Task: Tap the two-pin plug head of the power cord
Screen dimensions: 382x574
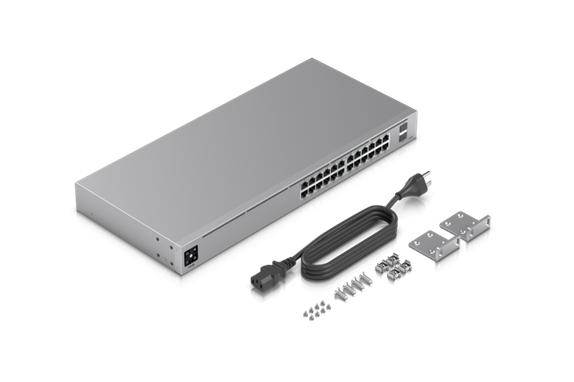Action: click(x=409, y=190)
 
